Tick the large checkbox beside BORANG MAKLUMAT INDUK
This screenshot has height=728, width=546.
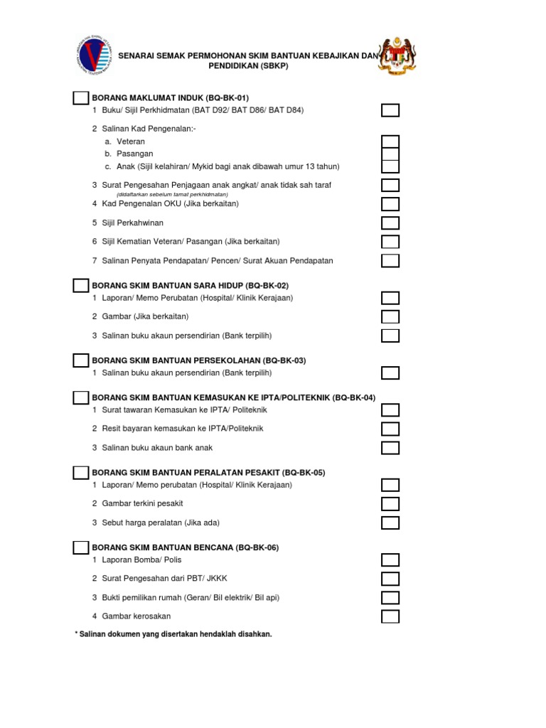click(x=81, y=97)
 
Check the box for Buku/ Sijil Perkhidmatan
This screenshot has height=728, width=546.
click(x=390, y=110)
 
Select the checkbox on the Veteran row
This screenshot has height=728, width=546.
click(x=390, y=141)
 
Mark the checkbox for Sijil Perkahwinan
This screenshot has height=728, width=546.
click(x=390, y=223)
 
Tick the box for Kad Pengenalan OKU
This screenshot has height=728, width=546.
click(x=390, y=204)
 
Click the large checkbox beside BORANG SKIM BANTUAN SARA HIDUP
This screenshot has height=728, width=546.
click(x=81, y=285)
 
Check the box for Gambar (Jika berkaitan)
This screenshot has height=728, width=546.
click(x=390, y=316)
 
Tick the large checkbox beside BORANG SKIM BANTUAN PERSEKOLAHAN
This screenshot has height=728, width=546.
click(x=81, y=360)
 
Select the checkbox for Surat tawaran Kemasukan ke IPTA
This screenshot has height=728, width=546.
click(x=390, y=410)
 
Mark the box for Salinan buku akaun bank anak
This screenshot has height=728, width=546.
click(x=390, y=448)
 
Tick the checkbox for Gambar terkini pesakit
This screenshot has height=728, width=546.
click(x=390, y=504)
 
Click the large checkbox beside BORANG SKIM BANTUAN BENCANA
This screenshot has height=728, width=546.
click(x=81, y=547)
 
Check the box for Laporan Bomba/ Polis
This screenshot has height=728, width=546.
click(x=390, y=560)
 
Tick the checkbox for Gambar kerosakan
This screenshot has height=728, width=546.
click(x=390, y=616)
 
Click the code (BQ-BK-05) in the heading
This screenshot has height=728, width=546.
click(x=304, y=472)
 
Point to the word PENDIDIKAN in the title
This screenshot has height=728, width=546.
click(x=240, y=65)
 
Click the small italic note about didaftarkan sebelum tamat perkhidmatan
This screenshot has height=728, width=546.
click(x=173, y=194)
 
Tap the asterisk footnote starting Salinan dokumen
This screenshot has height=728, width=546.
click(x=173, y=633)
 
